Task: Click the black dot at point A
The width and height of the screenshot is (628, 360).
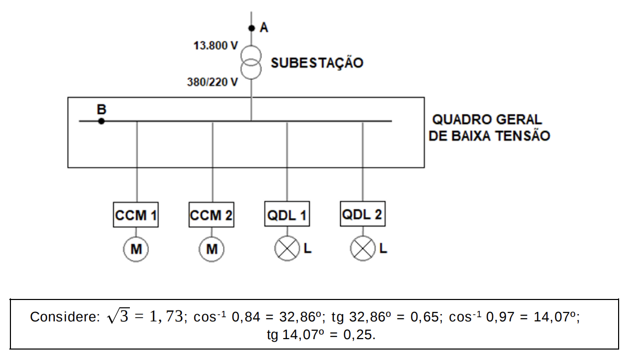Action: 251,28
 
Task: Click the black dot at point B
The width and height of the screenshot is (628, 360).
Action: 101,121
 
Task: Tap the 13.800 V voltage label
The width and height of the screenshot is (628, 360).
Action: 215,45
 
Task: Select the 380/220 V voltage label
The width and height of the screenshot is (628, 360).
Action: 212,82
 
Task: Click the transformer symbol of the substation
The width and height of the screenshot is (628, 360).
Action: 251,62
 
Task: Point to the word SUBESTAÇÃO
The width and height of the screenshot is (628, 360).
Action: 317,63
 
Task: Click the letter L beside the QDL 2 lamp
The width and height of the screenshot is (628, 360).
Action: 383,248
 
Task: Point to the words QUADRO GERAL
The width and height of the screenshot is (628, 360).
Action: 487,119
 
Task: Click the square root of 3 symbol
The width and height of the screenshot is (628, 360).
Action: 118,316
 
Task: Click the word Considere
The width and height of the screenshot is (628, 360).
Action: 65,317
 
